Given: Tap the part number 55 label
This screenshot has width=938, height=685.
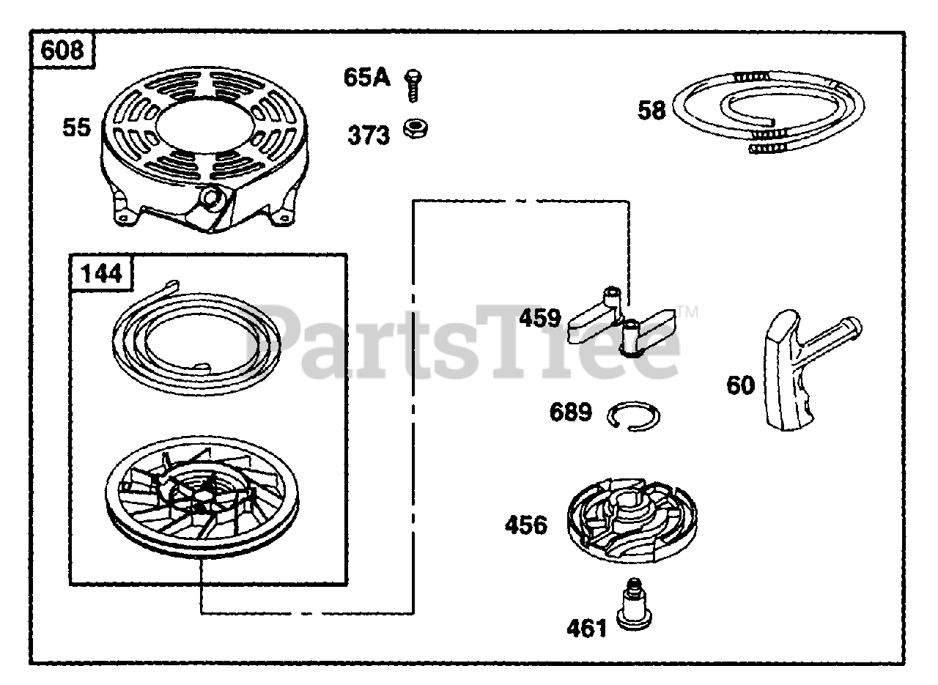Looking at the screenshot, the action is tap(76, 127).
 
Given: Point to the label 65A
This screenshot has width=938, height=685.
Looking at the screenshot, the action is tap(367, 78).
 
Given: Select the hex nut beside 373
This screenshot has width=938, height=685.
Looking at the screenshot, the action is tap(416, 130).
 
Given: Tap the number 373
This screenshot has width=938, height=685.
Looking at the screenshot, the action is tap(369, 136).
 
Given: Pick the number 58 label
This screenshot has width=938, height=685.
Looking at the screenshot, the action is tap(651, 111).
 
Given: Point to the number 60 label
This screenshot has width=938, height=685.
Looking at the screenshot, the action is tap(740, 385).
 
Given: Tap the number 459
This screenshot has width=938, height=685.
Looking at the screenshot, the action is tap(540, 319).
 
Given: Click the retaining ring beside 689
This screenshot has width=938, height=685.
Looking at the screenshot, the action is tap(633, 416).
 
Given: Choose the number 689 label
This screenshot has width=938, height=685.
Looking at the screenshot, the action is tap(570, 412).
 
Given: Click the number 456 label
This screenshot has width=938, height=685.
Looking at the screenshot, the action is tap(525, 525).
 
